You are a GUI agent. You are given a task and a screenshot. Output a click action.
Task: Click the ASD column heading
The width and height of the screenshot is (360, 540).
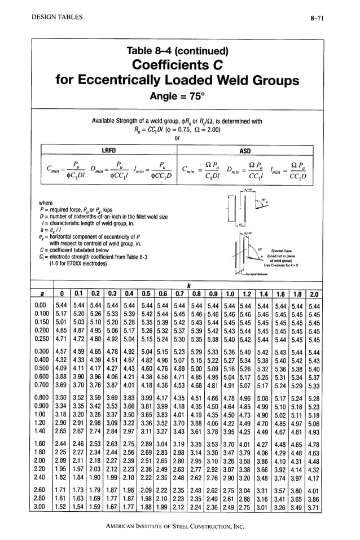245,151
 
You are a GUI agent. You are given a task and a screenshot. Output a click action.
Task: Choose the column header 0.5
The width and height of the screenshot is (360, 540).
147,294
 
